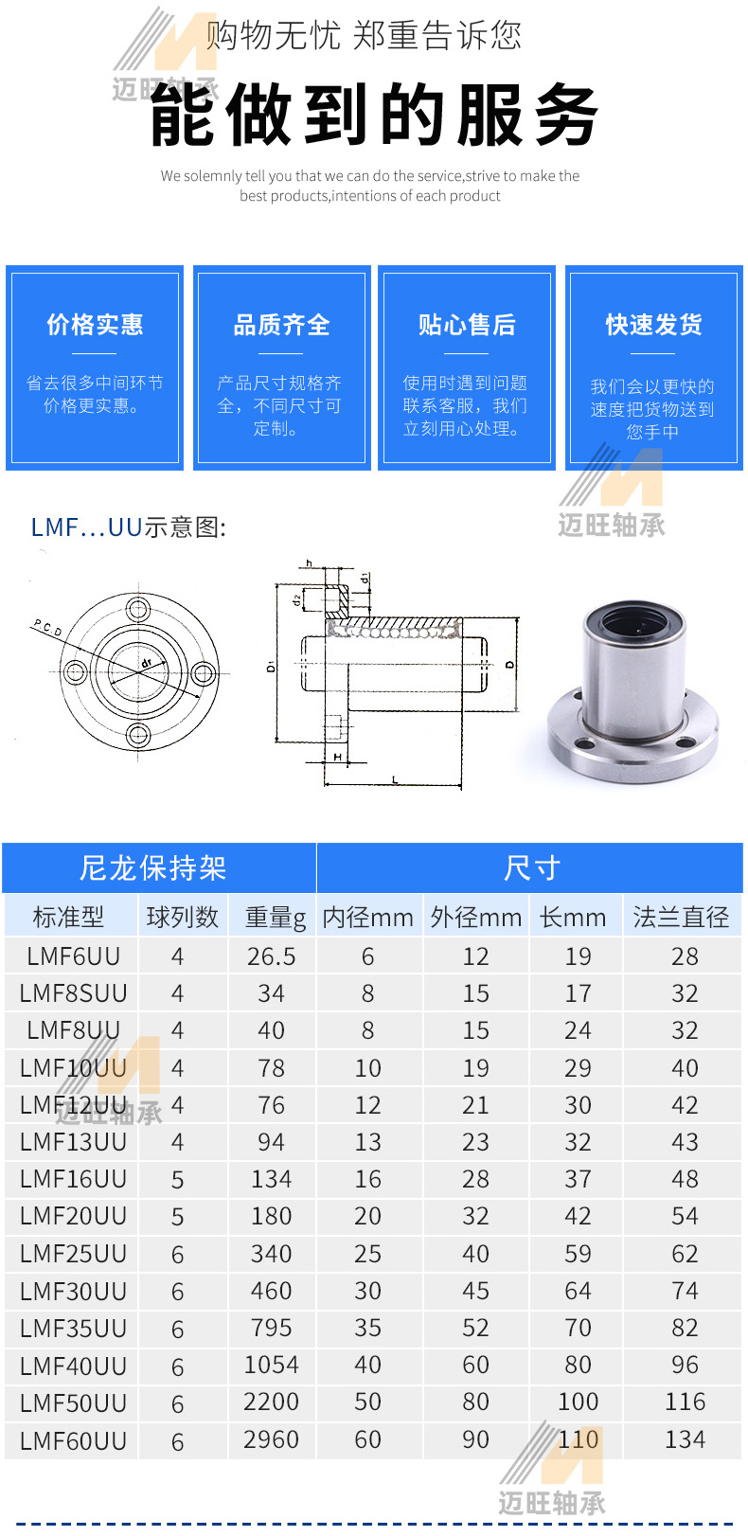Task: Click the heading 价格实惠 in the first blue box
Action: click(x=95, y=325)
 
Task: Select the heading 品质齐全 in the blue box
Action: click(x=281, y=326)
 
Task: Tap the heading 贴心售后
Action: click(x=467, y=326)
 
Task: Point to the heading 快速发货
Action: click(x=653, y=325)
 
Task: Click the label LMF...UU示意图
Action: click(x=128, y=527)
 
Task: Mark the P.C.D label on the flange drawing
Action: click(x=47, y=628)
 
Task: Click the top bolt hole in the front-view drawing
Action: click(x=138, y=608)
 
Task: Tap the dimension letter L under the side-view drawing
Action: click(x=395, y=780)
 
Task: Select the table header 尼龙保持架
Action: click(x=153, y=868)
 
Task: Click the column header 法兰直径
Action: click(x=681, y=918)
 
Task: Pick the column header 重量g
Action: click(x=275, y=918)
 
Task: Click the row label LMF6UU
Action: click(x=73, y=956)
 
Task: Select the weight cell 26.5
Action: click(x=272, y=956)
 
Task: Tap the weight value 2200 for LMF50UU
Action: click(x=271, y=1402)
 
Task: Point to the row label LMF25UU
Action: click(x=73, y=1254)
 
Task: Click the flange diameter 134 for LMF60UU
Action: click(x=685, y=1440)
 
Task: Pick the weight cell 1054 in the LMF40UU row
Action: click(x=271, y=1366)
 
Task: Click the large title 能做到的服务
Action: click(x=374, y=116)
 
